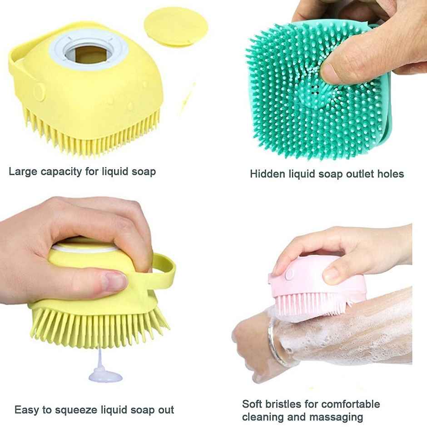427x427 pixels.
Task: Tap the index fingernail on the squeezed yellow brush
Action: (x=114, y=281)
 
